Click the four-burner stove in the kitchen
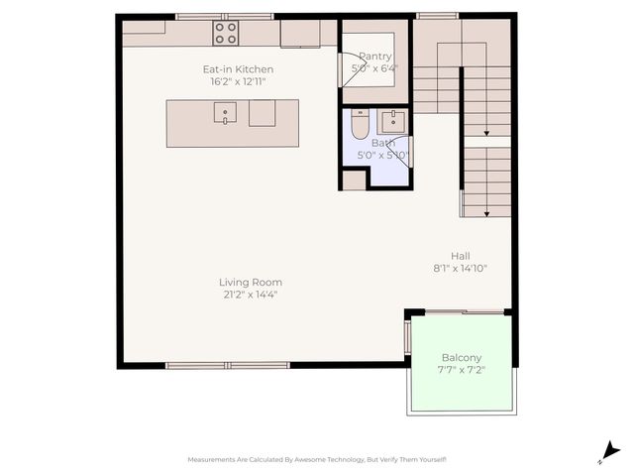click(x=226, y=33)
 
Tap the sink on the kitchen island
click(x=226, y=114)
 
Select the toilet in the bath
click(x=360, y=126)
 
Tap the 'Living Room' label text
click(x=250, y=283)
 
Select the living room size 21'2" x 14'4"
click(x=250, y=295)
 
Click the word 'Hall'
click(x=460, y=255)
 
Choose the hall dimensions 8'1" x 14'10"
click(x=460, y=268)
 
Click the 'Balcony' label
click(x=461, y=358)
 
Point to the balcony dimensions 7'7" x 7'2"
click(x=461, y=371)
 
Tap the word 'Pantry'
click(x=374, y=57)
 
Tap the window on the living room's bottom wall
click(x=227, y=365)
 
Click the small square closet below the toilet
click(x=354, y=179)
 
